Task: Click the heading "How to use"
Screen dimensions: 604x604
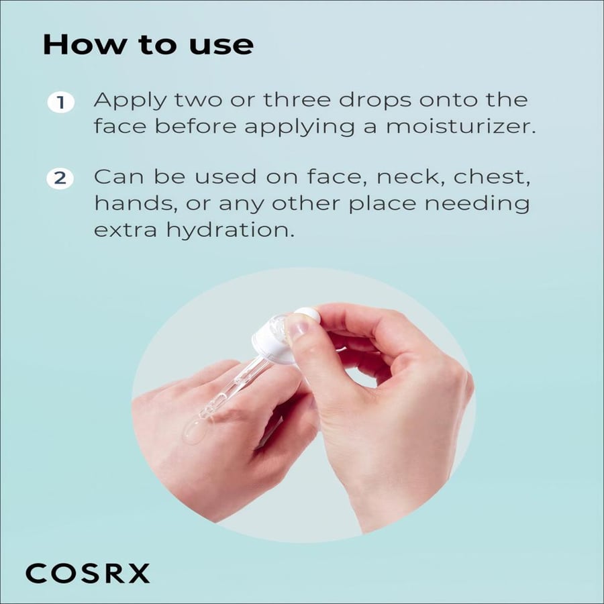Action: point(148,45)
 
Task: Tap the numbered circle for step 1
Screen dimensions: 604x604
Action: point(61,103)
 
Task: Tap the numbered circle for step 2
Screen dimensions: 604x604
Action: point(60,179)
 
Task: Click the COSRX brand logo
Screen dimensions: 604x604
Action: point(87,574)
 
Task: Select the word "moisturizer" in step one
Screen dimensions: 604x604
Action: point(460,127)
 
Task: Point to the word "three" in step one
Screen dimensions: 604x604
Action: point(297,100)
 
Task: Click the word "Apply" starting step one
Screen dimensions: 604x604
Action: point(130,101)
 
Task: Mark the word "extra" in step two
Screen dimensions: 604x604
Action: point(125,231)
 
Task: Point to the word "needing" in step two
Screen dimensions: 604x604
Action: point(477,204)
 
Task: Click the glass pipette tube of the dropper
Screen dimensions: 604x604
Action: point(232,387)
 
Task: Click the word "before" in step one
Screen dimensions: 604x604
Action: point(196,127)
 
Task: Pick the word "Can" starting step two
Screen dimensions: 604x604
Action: point(119,177)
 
